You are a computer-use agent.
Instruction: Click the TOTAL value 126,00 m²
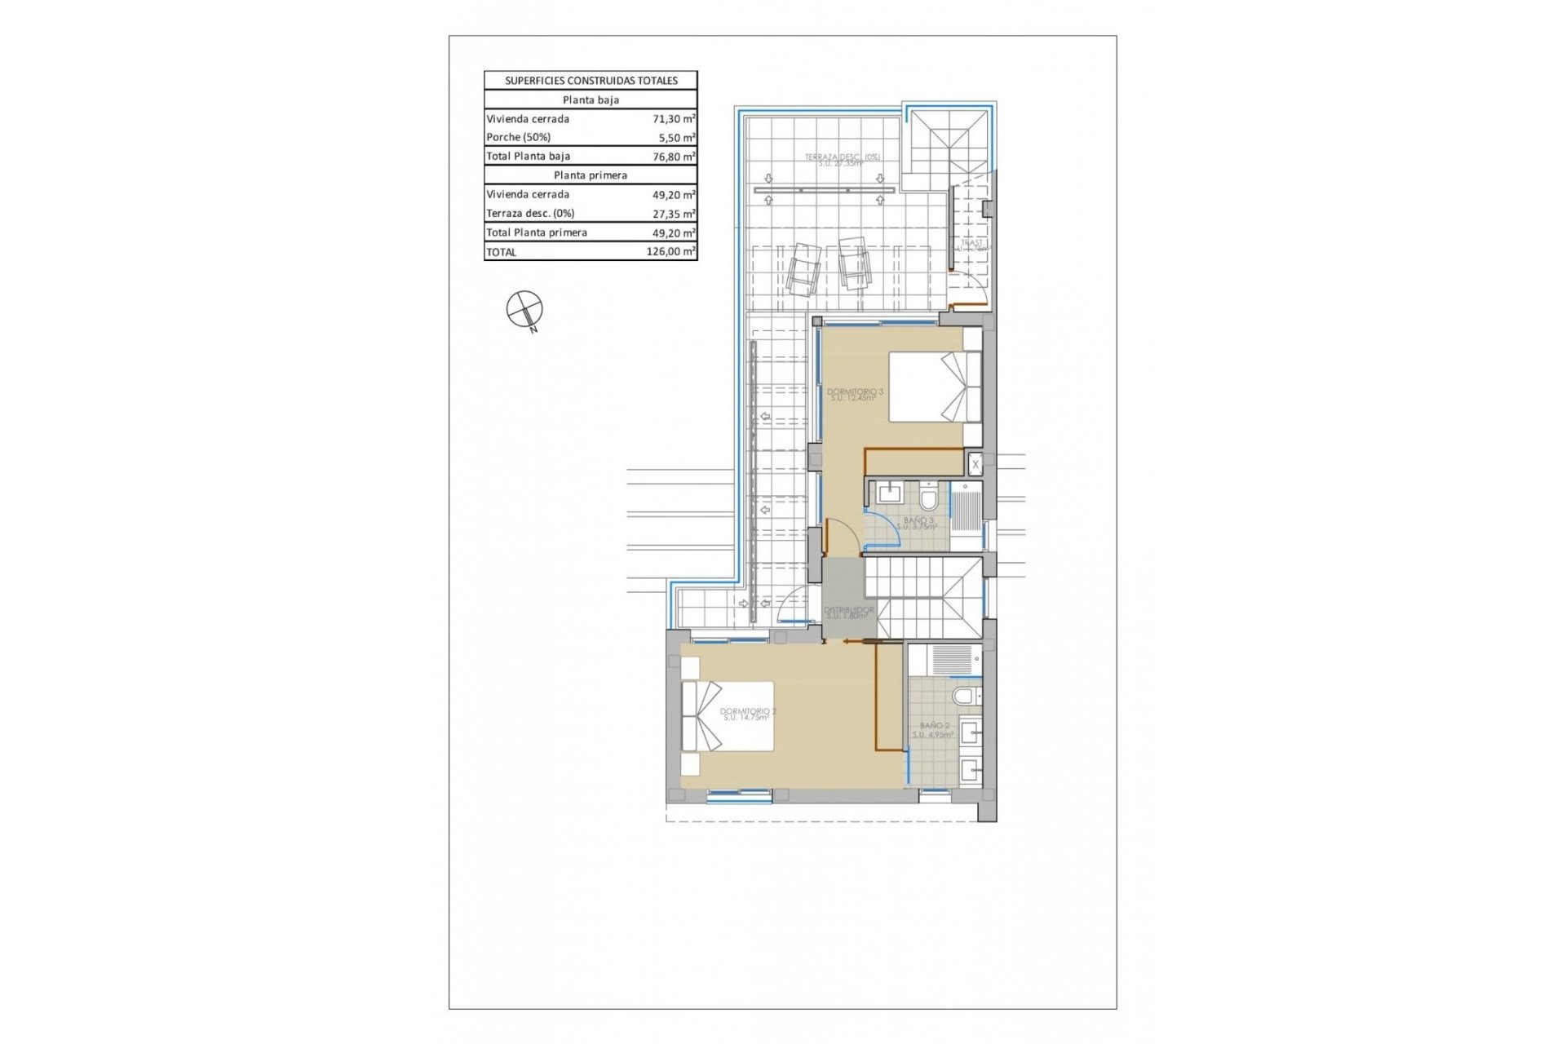click(x=670, y=252)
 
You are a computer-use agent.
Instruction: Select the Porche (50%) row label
click(x=519, y=137)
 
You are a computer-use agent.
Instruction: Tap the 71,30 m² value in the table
click(x=674, y=119)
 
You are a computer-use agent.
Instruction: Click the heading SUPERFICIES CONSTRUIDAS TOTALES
click(x=591, y=81)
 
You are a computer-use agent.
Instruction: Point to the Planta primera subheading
click(x=591, y=175)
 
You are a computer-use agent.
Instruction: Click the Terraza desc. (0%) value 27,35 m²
click(x=674, y=214)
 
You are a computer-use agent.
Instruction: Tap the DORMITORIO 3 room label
click(x=854, y=395)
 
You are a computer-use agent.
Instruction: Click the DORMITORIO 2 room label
click(x=748, y=714)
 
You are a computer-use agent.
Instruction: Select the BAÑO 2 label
click(x=934, y=729)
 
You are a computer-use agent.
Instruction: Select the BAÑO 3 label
click(x=918, y=523)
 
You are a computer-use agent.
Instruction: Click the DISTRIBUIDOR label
click(x=848, y=613)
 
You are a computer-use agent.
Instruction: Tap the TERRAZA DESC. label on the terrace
click(x=842, y=159)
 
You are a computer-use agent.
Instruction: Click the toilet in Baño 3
click(x=928, y=496)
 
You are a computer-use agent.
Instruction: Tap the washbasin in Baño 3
click(x=887, y=493)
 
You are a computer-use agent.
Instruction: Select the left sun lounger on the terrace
click(x=802, y=269)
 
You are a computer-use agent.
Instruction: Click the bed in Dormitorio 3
click(x=934, y=387)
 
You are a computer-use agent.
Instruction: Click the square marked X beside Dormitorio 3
click(x=975, y=464)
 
